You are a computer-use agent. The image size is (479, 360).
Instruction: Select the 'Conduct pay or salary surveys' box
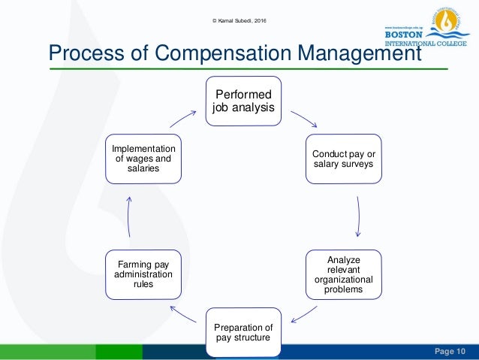click(343, 159)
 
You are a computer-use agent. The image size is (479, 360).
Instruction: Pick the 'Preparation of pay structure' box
click(244, 331)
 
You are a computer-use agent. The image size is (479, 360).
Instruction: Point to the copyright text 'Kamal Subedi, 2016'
click(241, 9)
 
